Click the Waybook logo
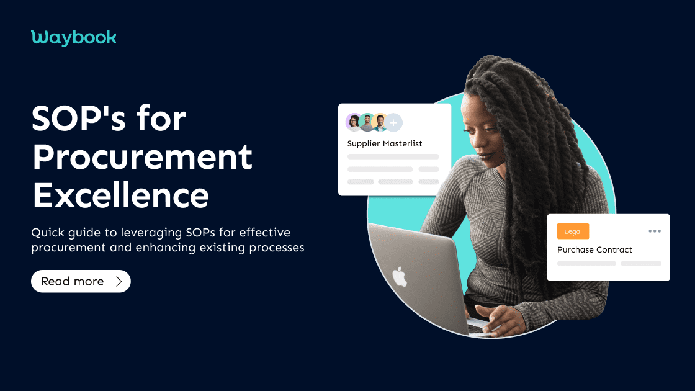tap(73, 38)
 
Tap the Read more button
tap(81, 281)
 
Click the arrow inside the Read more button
tap(119, 281)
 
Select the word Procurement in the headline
tap(142, 157)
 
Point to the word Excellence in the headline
tap(120, 195)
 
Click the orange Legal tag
tap(573, 231)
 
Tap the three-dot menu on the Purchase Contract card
tap(654, 231)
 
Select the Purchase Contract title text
tap(594, 249)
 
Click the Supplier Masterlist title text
tap(385, 143)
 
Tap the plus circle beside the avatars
tap(393, 122)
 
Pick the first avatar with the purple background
tap(354, 122)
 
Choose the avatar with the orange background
tap(380, 122)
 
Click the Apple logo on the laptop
tap(400, 277)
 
